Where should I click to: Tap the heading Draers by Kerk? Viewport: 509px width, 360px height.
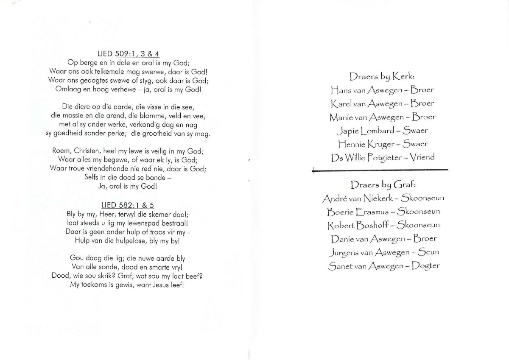point(382,77)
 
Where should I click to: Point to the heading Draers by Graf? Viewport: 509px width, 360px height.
point(382,185)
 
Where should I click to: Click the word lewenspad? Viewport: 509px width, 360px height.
point(137,223)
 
